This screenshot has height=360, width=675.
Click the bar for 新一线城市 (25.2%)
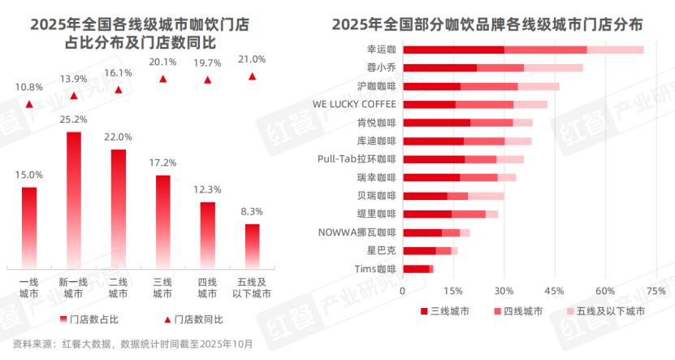click(74, 199)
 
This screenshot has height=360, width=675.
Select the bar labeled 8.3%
click(253, 245)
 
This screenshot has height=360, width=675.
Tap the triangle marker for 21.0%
click(253, 76)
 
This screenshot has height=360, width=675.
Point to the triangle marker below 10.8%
click(29, 104)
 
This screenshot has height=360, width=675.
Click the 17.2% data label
click(163, 163)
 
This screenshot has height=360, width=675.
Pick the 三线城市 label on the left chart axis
click(163, 288)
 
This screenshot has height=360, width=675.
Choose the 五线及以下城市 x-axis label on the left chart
click(253, 288)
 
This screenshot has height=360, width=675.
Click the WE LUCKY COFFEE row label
click(355, 104)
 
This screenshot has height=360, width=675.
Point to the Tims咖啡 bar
click(418, 269)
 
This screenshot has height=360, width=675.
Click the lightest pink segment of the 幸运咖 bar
click(615, 50)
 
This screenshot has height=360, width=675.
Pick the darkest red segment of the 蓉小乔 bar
click(439, 68)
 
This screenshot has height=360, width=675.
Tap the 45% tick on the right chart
click(554, 291)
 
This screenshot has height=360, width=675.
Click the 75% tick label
click(655, 291)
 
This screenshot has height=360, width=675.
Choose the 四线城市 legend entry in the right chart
click(521, 310)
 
